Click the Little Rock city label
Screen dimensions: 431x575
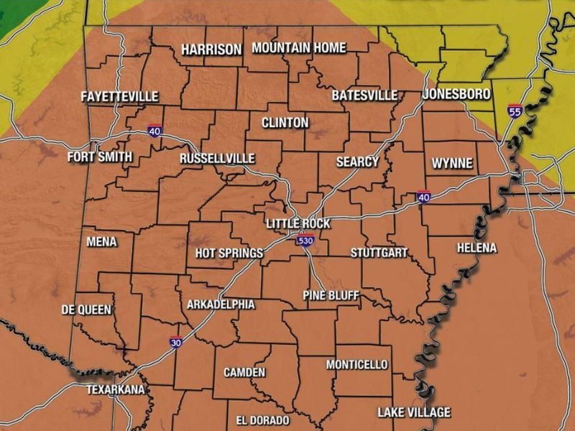pyautogui.click(x=298, y=224)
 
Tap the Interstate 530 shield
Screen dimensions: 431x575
pyautogui.click(x=305, y=241)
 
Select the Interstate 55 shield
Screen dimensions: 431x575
pyautogui.click(x=514, y=111)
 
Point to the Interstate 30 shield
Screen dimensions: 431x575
pyautogui.click(x=176, y=343)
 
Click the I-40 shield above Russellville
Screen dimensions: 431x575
pyautogui.click(x=155, y=131)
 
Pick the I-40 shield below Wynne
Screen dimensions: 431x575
pyautogui.click(x=424, y=197)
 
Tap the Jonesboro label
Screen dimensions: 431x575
pyautogui.click(x=456, y=94)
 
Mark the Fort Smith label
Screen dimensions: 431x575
pyautogui.click(x=100, y=157)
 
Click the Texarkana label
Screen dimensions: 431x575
pyautogui.click(x=115, y=389)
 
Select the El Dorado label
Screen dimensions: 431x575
pyautogui.click(x=262, y=420)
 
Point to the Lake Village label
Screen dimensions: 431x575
pyautogui.click(x=414, y=412)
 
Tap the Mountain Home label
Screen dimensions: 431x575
pyautogui.click(x=299, y=48)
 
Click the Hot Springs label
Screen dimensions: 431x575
pyautogui.click(x=229, y=254)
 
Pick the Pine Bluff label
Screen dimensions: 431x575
pyautogui.click(x=331, y=295)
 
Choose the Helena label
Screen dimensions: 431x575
pyautogui.click(x=477, y=248)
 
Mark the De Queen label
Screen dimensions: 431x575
pyautogui.click(x=87, y=310)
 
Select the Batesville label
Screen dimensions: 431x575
pyautogui.click(x=364, y=96)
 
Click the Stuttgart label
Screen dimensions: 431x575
pyautogui.click(x=379, y=253)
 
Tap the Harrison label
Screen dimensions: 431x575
pyautogui.click(x=211, y=50)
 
